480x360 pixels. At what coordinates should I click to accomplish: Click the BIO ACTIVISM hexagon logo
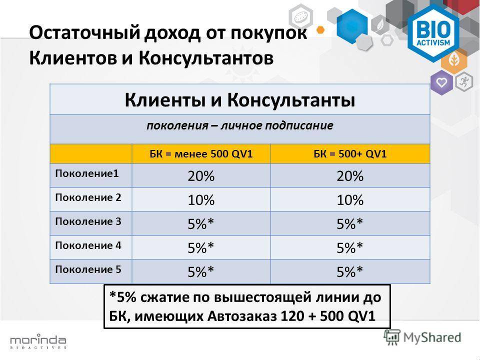[433, 33]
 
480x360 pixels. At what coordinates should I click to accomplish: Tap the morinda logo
[38, 341]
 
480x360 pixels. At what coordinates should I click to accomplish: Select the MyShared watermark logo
[422, 337]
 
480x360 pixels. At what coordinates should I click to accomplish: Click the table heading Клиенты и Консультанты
[240, 100]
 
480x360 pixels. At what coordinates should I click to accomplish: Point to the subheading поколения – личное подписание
[239, 126]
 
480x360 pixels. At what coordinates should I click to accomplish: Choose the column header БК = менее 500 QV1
[201, 153]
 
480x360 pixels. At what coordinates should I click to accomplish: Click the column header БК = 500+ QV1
[350, 153]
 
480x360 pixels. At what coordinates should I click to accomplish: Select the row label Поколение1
[87, 173]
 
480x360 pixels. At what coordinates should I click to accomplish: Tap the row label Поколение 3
[88, 221]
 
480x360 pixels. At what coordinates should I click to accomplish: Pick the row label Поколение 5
[88, 269]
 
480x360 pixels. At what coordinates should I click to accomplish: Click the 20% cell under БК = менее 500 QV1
[201, 176]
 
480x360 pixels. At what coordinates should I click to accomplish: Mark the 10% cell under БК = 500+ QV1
[350, 200]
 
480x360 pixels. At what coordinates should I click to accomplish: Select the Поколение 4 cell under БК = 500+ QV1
[350, 247]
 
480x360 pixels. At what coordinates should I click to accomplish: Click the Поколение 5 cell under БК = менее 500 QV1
[201, 271]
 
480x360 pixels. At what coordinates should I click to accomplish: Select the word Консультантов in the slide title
[206, 58]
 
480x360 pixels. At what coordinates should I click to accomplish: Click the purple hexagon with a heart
[441, 82]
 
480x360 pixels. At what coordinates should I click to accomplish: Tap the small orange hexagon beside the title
[320, 30]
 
